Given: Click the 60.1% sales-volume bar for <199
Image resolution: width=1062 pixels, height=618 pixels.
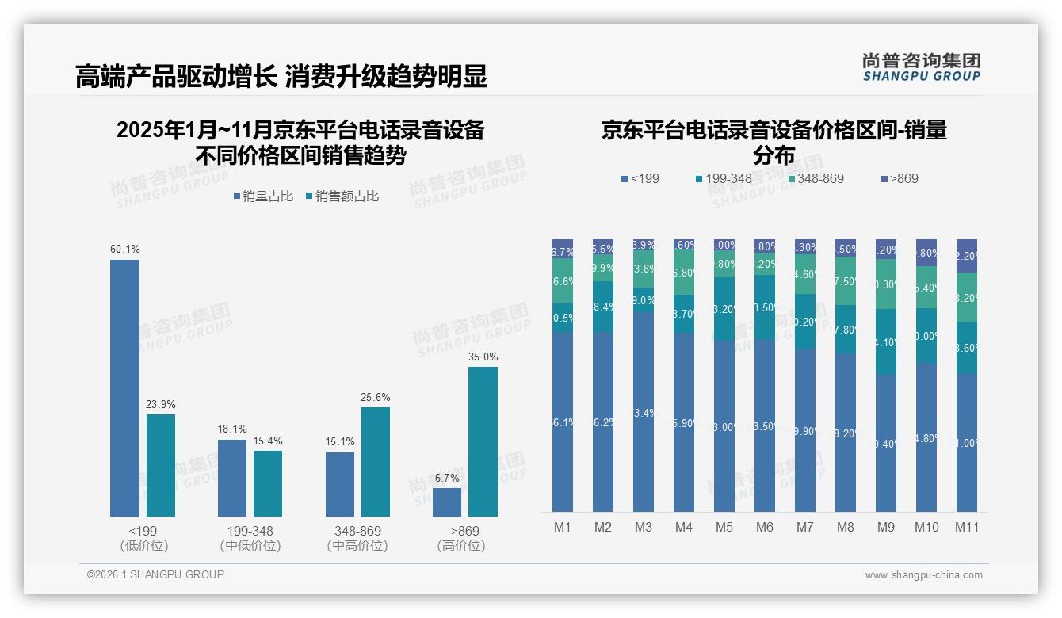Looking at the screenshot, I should coord(124,388).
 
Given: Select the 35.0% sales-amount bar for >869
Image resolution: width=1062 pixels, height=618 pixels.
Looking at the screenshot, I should coord(483,441).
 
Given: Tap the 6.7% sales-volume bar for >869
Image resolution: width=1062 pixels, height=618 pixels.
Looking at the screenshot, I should coord(447,502).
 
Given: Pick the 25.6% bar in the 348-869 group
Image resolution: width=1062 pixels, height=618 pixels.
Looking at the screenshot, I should coord(376,462).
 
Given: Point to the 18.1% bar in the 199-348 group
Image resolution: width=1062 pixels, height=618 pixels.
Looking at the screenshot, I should coord(232,479).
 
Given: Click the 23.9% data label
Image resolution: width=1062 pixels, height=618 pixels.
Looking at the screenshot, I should coord(160,404).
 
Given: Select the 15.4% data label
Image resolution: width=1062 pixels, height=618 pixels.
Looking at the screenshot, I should coord(268,441).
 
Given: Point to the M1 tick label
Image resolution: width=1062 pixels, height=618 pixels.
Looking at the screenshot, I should coord(563,527).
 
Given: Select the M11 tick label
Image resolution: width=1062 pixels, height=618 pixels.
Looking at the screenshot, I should coord(966,527).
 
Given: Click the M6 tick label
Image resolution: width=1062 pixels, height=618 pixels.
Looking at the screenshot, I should coord(765,527).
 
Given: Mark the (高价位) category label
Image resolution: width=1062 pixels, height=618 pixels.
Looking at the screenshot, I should coord(460,546).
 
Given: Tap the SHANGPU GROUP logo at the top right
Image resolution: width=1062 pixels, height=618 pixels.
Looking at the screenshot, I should coord(921,67).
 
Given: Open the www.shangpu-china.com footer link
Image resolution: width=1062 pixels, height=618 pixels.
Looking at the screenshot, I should coord(923,575).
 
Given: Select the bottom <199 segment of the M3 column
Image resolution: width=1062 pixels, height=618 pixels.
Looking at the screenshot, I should coord(644,412).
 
